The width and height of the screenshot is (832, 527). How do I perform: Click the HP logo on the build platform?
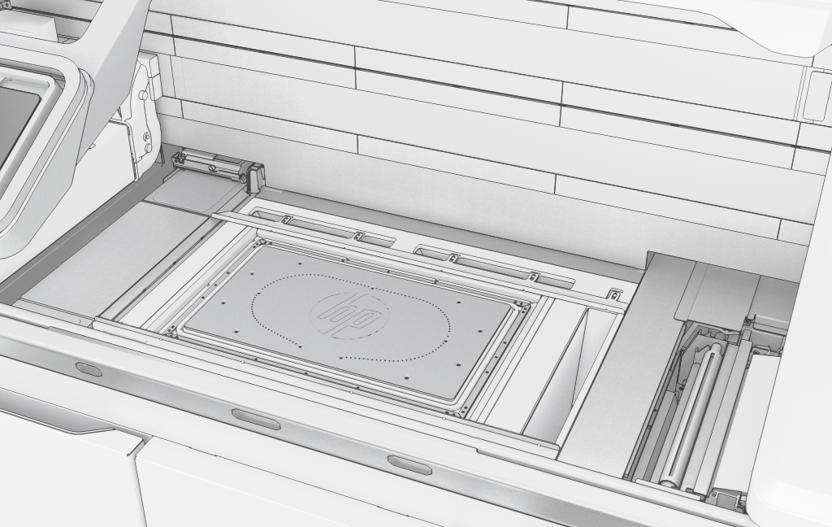[x=349, y=315]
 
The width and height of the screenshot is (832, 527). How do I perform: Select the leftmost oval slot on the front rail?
[x=89, y=368]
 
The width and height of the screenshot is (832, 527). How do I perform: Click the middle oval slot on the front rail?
[x=256, y=419]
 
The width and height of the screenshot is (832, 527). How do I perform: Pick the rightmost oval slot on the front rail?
[x=409, y=465]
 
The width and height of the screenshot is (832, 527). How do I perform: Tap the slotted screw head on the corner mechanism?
[x=213, y=168]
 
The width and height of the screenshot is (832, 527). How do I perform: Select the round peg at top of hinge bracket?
[x=143, y=95]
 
